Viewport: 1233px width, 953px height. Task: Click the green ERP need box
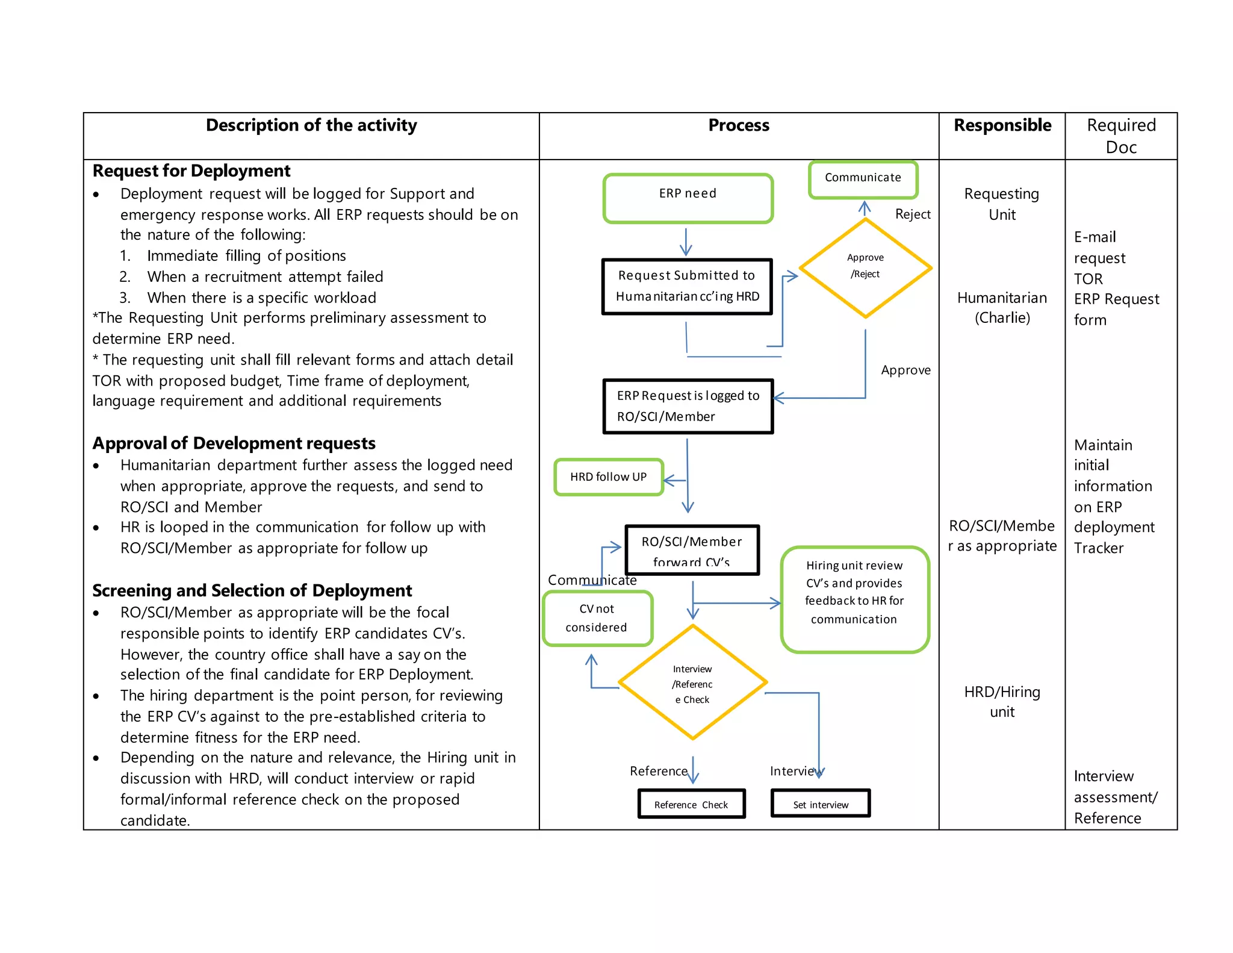tap(688, 199)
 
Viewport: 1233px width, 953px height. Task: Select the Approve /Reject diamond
tap(865, 267)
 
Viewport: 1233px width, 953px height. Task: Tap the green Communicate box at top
tap(863, 179)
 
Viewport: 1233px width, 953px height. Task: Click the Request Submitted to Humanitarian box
tap(687, 286)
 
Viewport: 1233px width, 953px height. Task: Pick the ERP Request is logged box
tap(688, 406)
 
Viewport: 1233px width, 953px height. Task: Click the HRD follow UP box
tap(608, 477)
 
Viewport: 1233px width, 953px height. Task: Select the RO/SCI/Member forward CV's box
tap(692, 549)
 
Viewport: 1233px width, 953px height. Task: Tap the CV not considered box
tap(597, 618)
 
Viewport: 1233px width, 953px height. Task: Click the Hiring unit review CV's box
tap(854, 599)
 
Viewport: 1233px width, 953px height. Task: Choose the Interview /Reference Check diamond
tap(692, 683)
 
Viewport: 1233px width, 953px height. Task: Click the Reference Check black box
tap(691, 804)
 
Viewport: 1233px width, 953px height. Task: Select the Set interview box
tap(820, 804)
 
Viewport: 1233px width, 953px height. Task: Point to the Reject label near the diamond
tap(912, 214)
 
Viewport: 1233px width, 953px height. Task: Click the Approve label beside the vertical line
tap(905, 370)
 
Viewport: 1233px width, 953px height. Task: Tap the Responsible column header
tap(1002, 125)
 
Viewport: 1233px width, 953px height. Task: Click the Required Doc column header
tap(1120, 136)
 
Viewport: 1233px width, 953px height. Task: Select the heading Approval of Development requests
tap(234, 443)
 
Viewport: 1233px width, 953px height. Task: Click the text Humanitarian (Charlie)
tap(1002, 307)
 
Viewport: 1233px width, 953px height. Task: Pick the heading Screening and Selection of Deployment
tap(252, 590)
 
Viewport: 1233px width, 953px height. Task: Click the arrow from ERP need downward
tap(686, 242)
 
